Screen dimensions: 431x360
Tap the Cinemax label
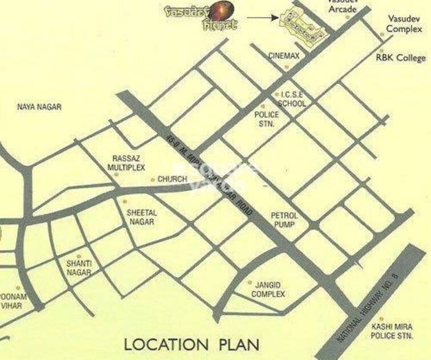[284, 56]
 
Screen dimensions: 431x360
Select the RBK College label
[401, 58]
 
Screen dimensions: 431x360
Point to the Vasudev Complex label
[404, 24]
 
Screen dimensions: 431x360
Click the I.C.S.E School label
[291, 99]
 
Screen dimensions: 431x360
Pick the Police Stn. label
[265, 118]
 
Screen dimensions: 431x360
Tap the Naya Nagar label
[39, 107]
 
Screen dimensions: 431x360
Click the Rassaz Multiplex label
[127, 163]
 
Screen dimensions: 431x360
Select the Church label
[172, 179]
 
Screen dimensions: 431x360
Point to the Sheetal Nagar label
[140, 217]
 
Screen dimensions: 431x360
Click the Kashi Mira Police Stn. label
[391, 331]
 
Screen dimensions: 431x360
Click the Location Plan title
[192, 345]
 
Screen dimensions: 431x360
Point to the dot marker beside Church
[152, 179]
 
